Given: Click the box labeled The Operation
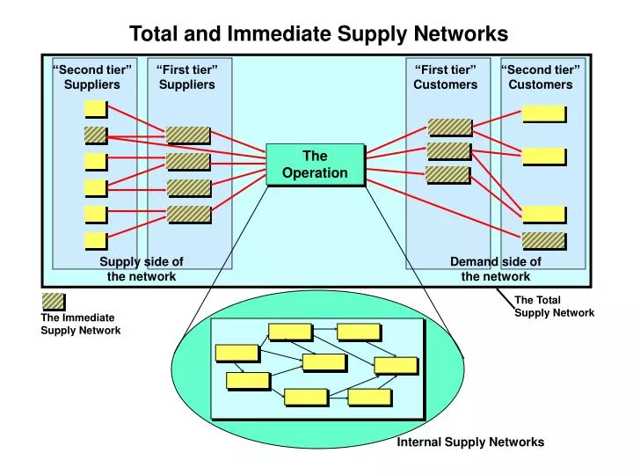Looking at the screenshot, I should coord(315,164).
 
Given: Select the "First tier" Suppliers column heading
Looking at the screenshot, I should coord(186,77).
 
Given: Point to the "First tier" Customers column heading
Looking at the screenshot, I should coord(446,77).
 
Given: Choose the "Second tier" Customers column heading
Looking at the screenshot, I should coord(540,77).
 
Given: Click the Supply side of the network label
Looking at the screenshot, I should coord(142,268).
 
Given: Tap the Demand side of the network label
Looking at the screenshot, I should coord(496,268).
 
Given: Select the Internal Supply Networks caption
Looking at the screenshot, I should coord(470,442).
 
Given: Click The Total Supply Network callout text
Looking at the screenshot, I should coord(554,306).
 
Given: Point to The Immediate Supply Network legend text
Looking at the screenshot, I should coord(80,324).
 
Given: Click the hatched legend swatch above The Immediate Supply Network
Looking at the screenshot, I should coord(53,301).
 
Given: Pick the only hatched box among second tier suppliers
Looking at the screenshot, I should coord(95,135).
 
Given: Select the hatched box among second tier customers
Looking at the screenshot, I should coord(543,239).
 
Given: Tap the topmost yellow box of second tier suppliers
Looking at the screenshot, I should coord(95,108).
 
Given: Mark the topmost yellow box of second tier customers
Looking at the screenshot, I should coord(543,113).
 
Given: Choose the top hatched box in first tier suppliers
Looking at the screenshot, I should coord(188,135).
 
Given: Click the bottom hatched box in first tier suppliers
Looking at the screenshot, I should coord(189,214).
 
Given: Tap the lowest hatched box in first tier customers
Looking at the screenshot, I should coord(447,174).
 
